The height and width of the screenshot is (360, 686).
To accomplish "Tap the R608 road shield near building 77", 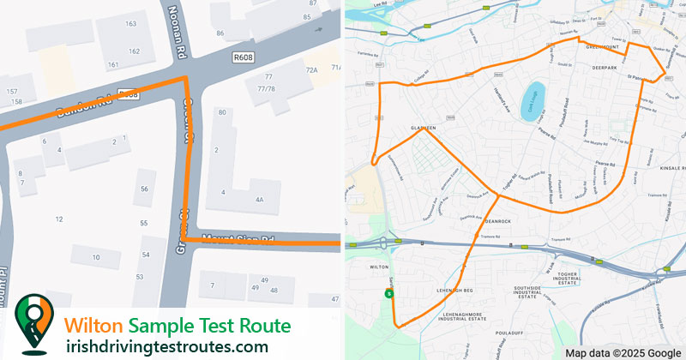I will pos(243,57).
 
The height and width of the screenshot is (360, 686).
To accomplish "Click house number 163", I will pos(131,23).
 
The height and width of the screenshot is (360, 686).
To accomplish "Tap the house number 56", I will pos(144,189).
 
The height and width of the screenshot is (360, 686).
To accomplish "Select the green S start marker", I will pos(389,294).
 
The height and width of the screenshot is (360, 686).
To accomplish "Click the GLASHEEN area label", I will pos(424,129).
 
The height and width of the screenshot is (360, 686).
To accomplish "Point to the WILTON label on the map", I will pos(378,267).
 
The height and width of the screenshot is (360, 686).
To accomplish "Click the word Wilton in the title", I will pos(94,326).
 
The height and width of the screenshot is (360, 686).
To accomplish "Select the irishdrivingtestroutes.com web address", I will pos(166,346).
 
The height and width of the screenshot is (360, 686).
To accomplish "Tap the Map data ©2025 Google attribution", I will pos(623,352).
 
